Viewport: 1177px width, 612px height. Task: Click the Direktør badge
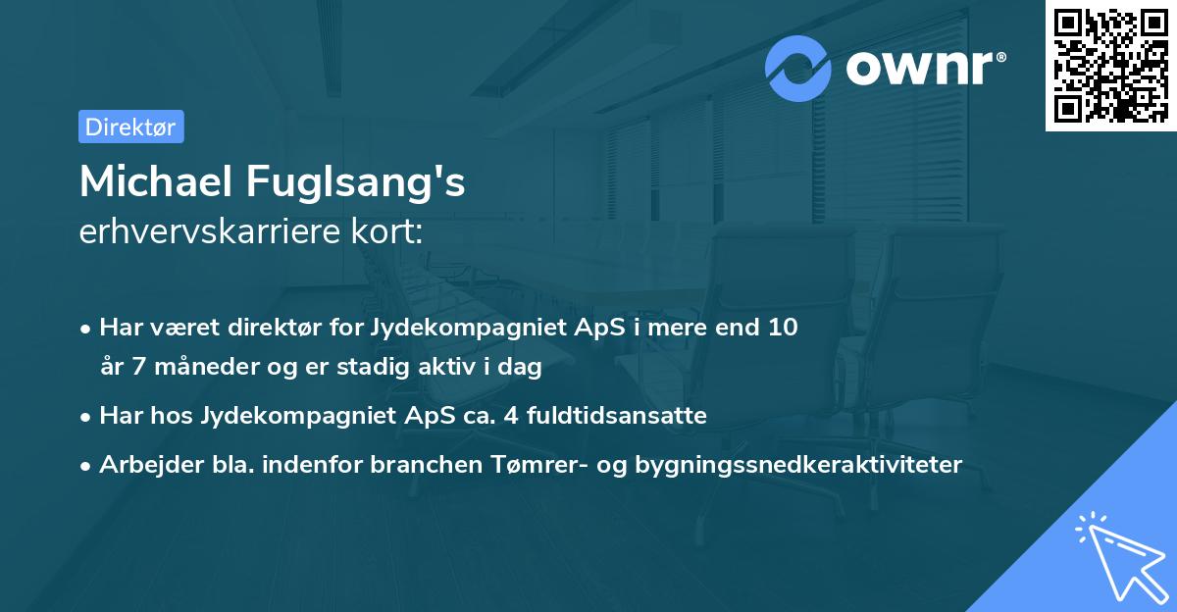pos(130,127)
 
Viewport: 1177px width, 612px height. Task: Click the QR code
pos(1110,65)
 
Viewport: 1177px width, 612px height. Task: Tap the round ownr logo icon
pos(798,69)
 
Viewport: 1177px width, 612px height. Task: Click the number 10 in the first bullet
pos(782,328)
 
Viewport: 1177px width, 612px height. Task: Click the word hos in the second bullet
pos(176,416)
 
